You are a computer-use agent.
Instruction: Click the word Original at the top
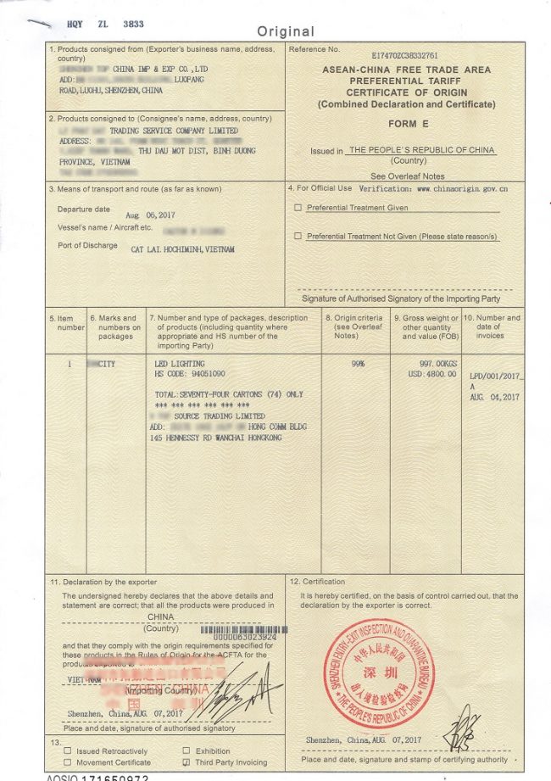tap(286, 31)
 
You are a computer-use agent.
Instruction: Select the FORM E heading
tap(405, 123)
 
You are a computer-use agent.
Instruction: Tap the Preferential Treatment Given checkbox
tap(298, 207)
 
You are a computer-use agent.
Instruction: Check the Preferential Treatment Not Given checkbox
tap(298, 236)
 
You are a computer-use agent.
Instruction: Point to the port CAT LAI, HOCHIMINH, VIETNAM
tap(182, 250)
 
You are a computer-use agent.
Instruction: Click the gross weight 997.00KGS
tap(435, 364)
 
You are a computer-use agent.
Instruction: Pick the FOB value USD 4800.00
tap(432, 374)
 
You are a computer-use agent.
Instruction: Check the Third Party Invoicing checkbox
tap(186, 762)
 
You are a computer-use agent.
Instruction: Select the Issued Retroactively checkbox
tap(67, 751)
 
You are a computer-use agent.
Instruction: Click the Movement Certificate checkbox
tap(67, 762)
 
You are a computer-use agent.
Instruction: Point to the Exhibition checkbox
tap(186, 751)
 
